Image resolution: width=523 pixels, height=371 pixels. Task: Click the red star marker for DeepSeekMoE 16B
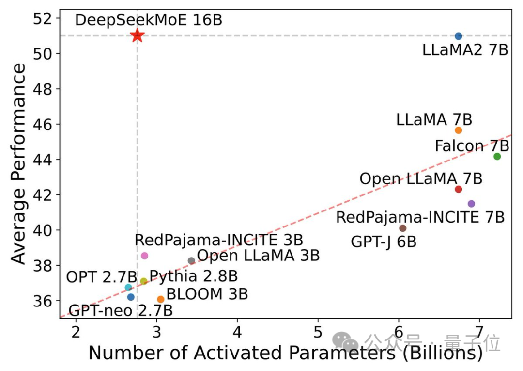(137, 35)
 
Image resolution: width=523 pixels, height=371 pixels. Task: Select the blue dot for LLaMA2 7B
(459, 36)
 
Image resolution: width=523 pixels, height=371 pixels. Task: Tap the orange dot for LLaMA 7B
(459, 130)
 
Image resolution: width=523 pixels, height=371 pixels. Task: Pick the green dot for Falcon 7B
(497, 156)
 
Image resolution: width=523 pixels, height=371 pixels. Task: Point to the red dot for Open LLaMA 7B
(459, 189)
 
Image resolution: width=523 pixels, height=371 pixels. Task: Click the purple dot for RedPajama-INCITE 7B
(471, 204)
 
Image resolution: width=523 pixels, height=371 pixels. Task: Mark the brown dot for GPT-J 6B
(403, 228)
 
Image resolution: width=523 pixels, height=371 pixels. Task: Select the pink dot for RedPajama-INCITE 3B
(144, 256)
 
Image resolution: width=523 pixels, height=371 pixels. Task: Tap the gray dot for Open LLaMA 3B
(191, 261)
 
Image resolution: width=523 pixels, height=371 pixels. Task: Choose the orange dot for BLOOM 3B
(161, 299)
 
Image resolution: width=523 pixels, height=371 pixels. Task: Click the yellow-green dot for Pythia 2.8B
(144, 281)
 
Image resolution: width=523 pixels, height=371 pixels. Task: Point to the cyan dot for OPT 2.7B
(128, 288)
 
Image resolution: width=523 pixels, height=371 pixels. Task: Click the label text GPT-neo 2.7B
(121, 311)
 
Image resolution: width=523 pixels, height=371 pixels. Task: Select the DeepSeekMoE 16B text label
(149, 20)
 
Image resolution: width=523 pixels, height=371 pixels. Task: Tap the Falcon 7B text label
(472, 145)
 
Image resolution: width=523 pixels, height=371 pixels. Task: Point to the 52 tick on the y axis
(43, 18)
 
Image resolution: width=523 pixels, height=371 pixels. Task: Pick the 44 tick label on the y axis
(43, 159)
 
